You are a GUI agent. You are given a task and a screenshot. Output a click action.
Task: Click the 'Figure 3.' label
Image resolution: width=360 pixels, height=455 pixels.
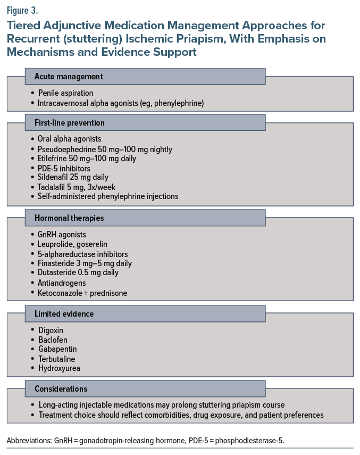[23, 9]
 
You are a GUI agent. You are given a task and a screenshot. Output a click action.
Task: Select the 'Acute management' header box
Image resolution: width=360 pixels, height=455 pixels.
[145, 77]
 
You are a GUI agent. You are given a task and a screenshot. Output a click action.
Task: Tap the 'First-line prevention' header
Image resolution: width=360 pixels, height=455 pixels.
[145, 123]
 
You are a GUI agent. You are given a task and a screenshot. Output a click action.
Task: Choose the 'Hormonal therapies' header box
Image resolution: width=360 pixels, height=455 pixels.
[145, 218]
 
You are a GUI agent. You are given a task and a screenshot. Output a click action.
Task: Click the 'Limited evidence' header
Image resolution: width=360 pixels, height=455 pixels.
[145, 314]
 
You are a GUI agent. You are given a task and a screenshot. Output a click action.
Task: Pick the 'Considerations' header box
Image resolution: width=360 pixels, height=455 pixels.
[145, 389]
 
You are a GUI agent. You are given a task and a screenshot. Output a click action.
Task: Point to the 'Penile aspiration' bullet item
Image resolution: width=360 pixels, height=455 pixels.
[66, 93]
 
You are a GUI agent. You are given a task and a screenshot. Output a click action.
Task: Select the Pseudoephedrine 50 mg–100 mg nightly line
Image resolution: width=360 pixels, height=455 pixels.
[105, 149]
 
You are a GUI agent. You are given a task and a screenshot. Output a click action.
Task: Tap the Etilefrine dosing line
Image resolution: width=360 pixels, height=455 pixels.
[87, 159]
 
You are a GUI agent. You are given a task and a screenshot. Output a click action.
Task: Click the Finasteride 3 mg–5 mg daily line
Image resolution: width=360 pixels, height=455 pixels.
[85, 263]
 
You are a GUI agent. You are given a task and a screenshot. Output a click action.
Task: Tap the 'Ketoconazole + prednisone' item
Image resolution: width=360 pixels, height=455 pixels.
[83, 293]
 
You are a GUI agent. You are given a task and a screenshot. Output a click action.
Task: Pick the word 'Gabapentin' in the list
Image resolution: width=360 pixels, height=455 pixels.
[57, 349]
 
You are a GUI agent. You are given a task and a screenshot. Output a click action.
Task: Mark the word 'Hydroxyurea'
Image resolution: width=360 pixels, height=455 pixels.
[59, 368]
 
